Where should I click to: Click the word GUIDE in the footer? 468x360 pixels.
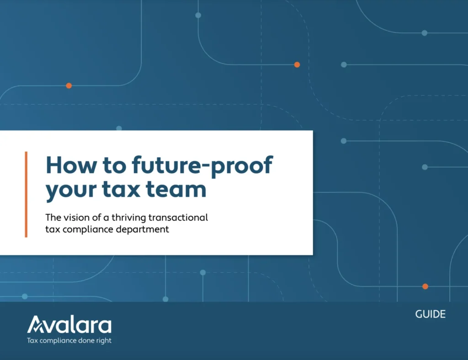pyautogui.click(x=430, y=314)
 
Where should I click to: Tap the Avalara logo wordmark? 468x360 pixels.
pyautogui.click(x=69, y=325)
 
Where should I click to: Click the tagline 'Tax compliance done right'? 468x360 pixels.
pyautogui.click(x=69, y=340)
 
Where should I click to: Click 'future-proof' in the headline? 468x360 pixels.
pyautogui.click(x=202, y=166)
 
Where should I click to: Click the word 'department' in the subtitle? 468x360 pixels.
pyautogui.click(x=144, y=229)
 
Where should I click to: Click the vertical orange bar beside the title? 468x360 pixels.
pyautogui.click(x=26, y=194)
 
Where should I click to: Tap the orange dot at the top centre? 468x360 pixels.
pyautogui.click(x=297, y=65)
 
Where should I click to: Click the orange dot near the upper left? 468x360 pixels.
pyautogui.click(x=69, y=85)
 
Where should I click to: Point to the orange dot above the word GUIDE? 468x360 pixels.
pyautogui.click(x=425, y=286)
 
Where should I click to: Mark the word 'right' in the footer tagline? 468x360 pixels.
pyautogui.click(x=103, y=340)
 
